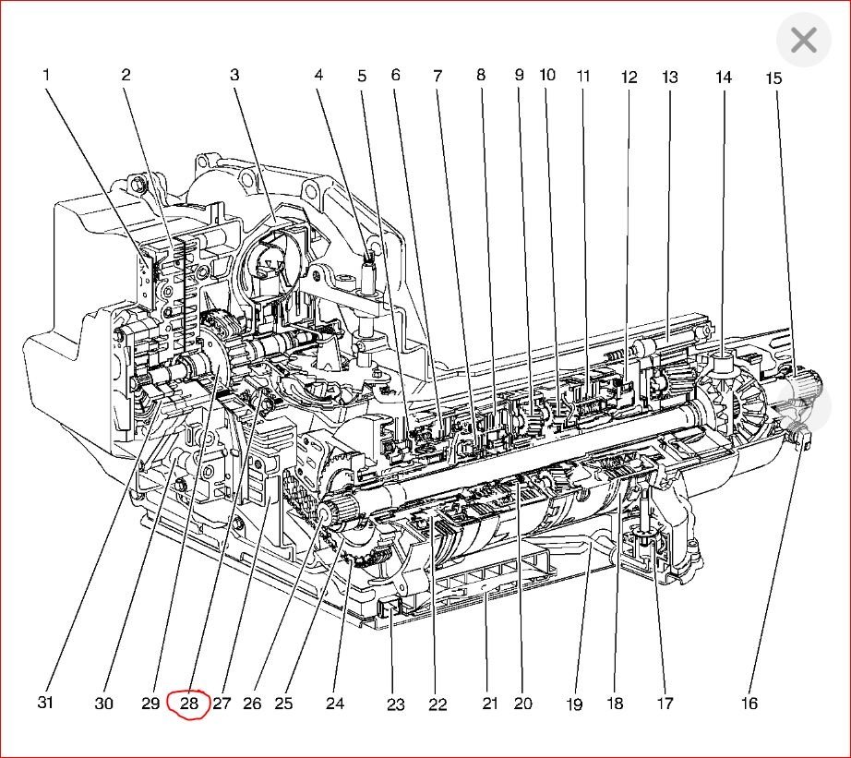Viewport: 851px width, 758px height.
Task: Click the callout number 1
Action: [45, 75]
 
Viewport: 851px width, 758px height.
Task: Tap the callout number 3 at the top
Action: [234, 75]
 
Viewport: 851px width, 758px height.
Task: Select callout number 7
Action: [437, 75]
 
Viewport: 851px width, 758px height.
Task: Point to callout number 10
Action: [547, 74]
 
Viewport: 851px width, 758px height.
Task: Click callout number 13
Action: [669, 77]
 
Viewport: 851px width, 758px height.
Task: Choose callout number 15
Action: [773, 78]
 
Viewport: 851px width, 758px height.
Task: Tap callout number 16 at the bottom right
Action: [749, 704]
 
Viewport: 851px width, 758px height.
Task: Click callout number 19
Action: [574, 704]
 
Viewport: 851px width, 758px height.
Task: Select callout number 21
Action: [489, 704]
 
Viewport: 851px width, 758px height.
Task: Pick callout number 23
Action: [395, 705]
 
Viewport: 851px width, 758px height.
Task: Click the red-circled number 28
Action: [189, 704]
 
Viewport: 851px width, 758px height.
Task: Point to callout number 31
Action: [45, 703]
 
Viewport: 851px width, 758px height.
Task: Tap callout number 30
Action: [103, 704]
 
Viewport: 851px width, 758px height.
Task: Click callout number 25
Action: [283, 704]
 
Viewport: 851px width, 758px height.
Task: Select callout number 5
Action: [363, 76]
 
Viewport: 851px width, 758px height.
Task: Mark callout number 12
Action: [629, 78]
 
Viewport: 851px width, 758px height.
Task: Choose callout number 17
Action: [665, 704]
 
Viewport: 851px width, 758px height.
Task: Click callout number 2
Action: [126, 75]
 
